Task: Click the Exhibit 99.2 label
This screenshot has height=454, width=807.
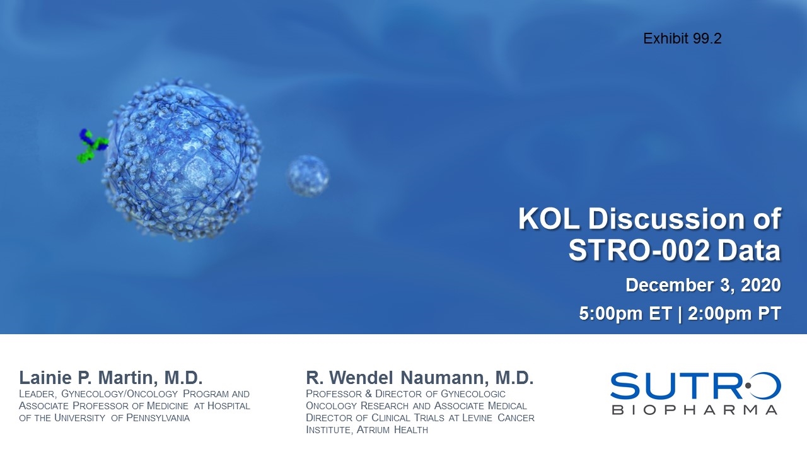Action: tap(682, 38)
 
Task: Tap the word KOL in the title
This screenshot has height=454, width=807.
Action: tap(549, 218)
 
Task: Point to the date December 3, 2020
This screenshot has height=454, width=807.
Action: tap(703, 285)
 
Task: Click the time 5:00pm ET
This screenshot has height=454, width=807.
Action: tap(625, 313)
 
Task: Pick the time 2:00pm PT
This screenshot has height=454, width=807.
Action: tap(734, 313)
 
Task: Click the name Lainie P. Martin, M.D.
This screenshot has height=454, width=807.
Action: tap(111, 378)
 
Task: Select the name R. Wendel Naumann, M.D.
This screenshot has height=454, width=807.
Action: tap(420, 378)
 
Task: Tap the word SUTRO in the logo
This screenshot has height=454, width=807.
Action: tap(695, 386)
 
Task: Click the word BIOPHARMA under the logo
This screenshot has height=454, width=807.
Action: tap(694, 410)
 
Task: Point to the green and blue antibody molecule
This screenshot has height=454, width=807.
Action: tap(92, 146)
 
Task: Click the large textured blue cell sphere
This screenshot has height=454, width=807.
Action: tap(182, 160)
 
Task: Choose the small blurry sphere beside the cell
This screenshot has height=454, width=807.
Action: tap(308, 176)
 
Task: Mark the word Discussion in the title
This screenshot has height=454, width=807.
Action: tap(667, 218)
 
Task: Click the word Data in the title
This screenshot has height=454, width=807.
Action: tap(749, 250)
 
